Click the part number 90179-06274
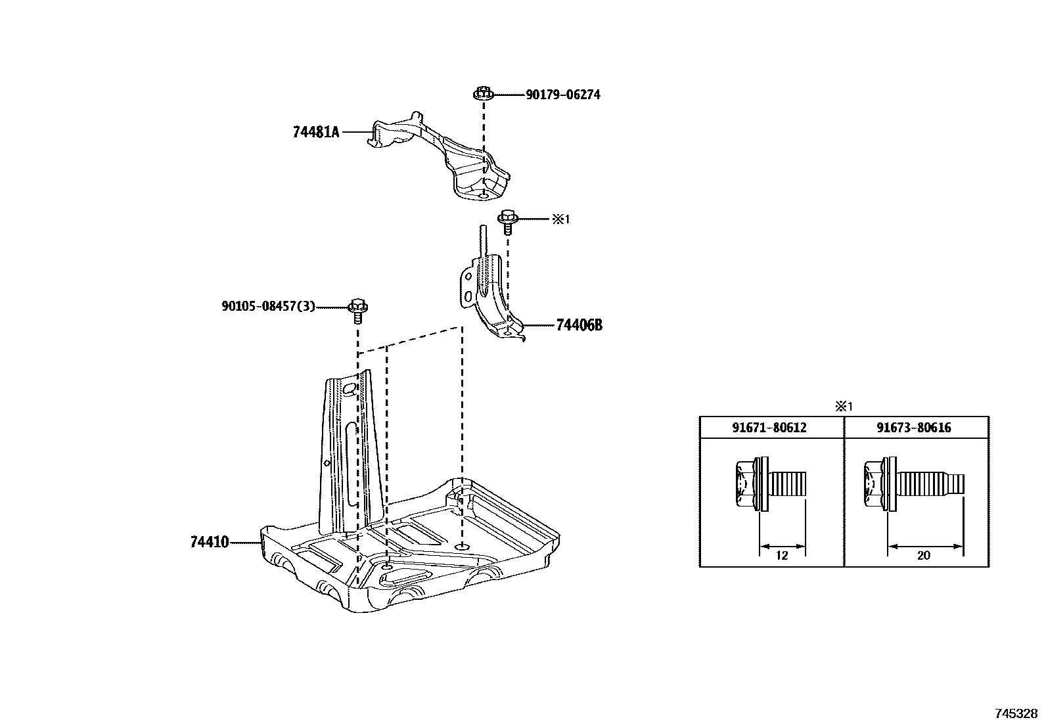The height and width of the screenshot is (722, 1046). tap(562, 95)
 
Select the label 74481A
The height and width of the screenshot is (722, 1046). tap(316, 132)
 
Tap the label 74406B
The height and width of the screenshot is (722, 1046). tap(579, 325)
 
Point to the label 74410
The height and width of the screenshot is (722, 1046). tap(209, 542)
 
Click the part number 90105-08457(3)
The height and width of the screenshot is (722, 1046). tap(268, 306)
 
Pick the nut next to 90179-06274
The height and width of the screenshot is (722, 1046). tap(483, 94)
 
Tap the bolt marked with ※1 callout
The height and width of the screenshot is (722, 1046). tap(507, 221)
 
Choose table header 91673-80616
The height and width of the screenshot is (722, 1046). tap(913, 428)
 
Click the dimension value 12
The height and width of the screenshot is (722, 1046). tap(781, 555)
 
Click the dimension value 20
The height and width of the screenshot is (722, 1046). tap(923, 555)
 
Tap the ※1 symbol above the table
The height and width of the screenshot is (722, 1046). tap(843, 407)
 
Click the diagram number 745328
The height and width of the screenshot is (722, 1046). tap(1016, 713)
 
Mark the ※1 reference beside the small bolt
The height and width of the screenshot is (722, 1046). tap(560, 219)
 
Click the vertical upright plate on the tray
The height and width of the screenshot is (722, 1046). tap(346, 453)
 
